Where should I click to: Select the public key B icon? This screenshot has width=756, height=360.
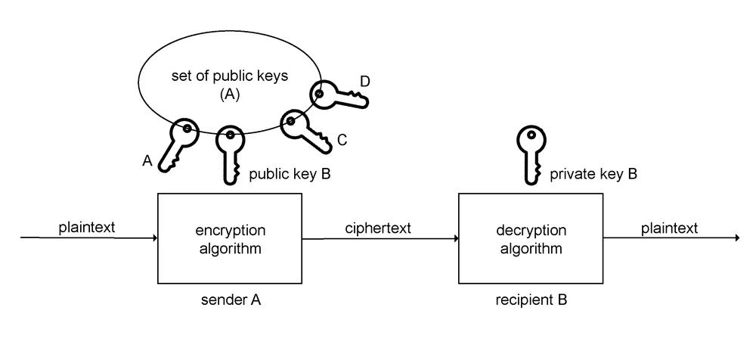pyautogui.click(x=230, y=154)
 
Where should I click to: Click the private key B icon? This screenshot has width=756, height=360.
pyautogui.click(x=531, y=154)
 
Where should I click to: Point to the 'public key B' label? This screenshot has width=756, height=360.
pyautogui.click(x=290, y=174)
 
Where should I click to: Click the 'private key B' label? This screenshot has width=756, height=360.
pyautogui.click(x=593, y=174)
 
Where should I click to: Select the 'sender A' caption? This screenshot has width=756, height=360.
pyautogui.click(x=231, y=300)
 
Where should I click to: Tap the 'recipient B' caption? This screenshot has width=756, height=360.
pyautogui.click(x=531, y=300)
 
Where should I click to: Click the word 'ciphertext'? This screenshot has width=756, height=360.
pyautogui.click(x=378, y=228)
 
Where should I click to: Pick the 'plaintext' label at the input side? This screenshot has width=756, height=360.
pyautogui.click(x=87, y=228)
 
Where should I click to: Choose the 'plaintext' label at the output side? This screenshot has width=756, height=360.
pyautogui.click(x=669, y=228)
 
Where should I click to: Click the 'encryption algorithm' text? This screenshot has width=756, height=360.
pyautogui.click(x=230, y=239)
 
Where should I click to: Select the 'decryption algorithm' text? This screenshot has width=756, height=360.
pyautogui.click(x=531, y=239)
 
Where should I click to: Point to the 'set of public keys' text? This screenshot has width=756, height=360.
pyautogui.click(x=230, y=77)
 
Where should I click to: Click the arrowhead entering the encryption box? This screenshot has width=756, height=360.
pyautogui.click(x=155, y=238)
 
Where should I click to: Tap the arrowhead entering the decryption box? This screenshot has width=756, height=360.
pyautogui.click(x=455, y=238)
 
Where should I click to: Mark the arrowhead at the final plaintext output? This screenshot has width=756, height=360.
pyautogui.click(x=736, y=237)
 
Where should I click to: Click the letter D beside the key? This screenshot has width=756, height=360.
pyautogui.click(x=365, y=82)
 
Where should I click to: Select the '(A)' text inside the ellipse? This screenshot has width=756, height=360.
pyautogui.click(x=230, y=95)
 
